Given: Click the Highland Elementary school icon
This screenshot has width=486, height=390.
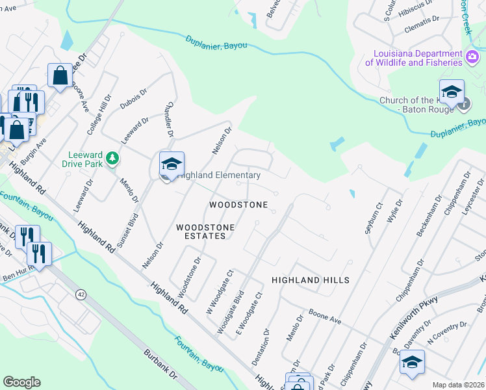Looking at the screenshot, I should coord(172,164).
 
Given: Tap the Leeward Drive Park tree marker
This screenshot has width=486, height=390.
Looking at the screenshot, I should coord(112,158).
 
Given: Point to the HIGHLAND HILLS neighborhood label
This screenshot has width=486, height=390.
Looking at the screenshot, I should coord(310,280).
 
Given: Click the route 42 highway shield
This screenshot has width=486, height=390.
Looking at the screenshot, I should coord(81,294).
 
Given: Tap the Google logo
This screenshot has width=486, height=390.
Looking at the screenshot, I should coord(21,382).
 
